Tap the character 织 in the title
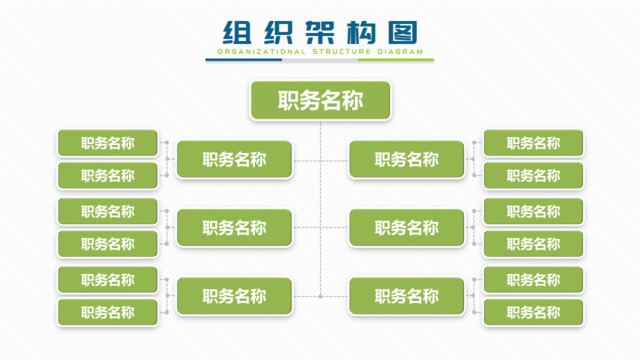(277, 30)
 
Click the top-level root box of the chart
(320, 100)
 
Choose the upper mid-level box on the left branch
(234, 159)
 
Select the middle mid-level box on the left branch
(234, 228)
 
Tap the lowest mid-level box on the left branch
(234, 296)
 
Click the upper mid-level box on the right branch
(407, 159)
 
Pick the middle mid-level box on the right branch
(407, 228)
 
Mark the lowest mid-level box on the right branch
(407, 296)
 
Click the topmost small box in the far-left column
(108, 143)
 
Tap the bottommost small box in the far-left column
(108, 312)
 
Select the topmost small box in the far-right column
(533, 143)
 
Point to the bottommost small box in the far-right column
(533, 312)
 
